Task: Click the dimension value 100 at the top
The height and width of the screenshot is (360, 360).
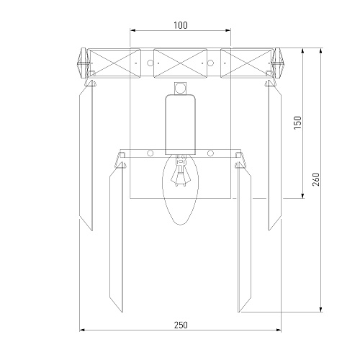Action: [x=181, y=25]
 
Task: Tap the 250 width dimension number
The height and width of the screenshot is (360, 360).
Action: [x=181, y=325]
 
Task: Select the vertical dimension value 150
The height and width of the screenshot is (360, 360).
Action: [x=297, y=123]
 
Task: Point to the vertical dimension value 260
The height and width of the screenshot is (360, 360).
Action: [x=316, y=179]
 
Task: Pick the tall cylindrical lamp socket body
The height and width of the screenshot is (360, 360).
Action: [x=181, y=125]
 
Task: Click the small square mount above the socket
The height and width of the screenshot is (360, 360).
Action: [x=180, y=89]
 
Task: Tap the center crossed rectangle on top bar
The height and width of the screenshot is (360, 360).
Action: [x=180, y=63]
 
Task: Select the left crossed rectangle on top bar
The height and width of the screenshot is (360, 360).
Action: [x=114, y=63]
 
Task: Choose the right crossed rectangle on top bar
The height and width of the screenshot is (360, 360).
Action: [x=247, y=63]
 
